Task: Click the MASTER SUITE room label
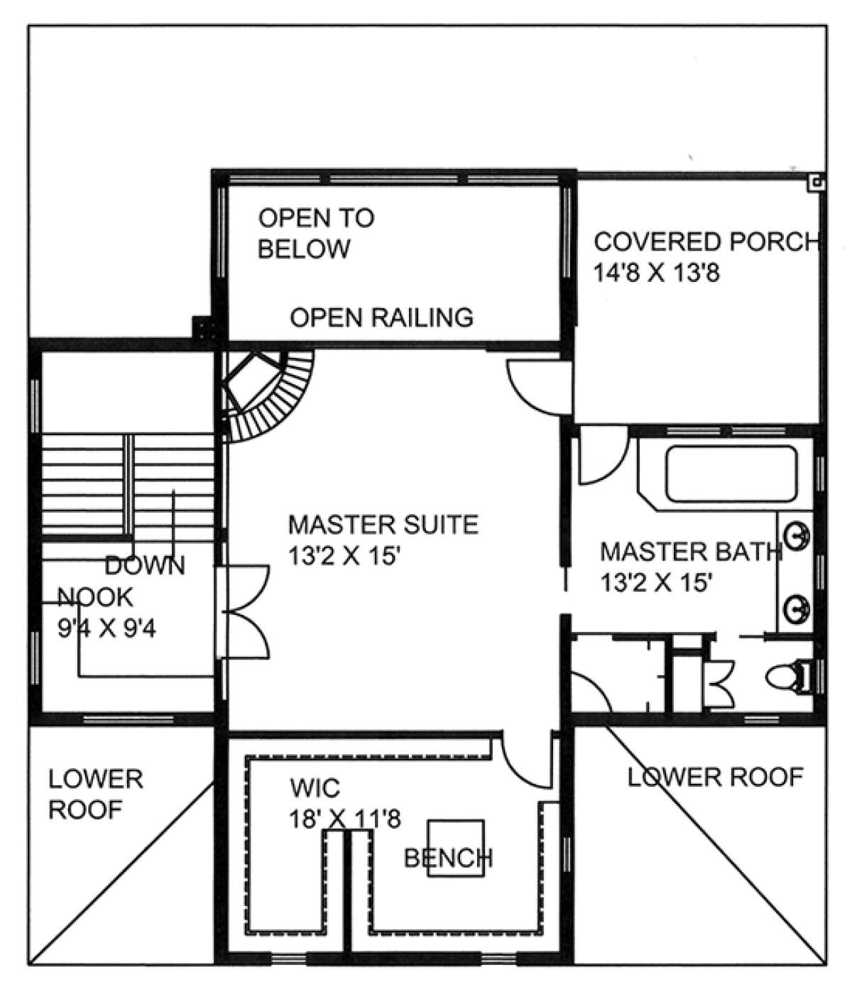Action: pos(383,525)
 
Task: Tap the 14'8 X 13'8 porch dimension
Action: pos(657,273)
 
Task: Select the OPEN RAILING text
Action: pos(382,317)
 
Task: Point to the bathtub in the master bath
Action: pos(731,474)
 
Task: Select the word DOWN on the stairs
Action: pos(145,566)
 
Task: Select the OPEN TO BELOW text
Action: pos(316,234)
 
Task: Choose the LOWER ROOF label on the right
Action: pos(715,777)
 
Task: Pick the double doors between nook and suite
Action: pos(243,611)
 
